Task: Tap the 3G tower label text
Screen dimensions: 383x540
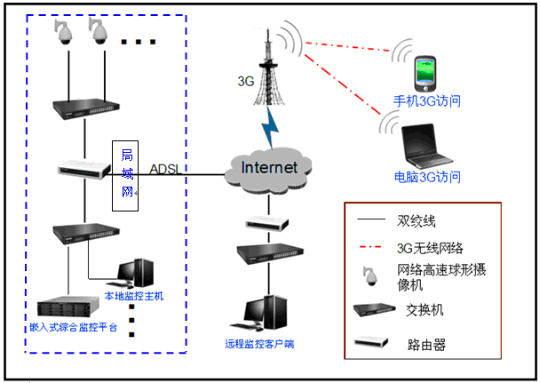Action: click(x=246, y=81)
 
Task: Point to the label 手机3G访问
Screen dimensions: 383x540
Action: click(x=427, y=101)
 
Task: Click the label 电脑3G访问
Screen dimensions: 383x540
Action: click(x=427, y=177)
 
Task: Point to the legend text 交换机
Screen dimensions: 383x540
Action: click(x=425, y=309)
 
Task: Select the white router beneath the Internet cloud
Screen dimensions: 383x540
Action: click(x=266, y=222)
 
